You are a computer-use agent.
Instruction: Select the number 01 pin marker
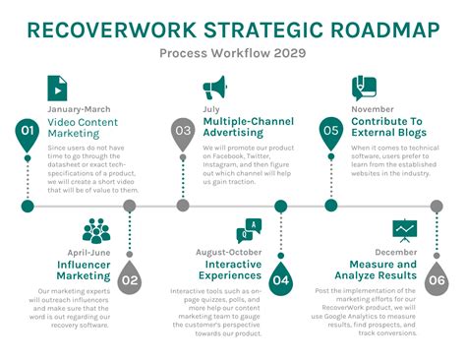click(28, 131)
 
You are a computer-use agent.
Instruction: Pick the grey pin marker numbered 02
click(129, 280)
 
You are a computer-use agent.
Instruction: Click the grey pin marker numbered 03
click(182, 131)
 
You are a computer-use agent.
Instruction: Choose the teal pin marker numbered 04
click(281, 280)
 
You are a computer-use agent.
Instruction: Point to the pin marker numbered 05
click(331, 131)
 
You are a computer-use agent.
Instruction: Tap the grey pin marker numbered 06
click(436, 280)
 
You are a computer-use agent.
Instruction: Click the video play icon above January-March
click(58, 88)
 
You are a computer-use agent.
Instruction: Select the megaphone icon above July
click(213, 88)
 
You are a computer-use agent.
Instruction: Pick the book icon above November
click(365, 87)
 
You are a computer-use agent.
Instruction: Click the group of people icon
click(96, 232)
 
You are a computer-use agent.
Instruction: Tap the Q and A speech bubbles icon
click(249, 232)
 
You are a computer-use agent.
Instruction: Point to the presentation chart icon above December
click(404, 232)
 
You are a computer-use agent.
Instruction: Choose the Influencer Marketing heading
click(84, 270)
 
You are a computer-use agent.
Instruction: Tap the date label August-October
click(229, 253)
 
